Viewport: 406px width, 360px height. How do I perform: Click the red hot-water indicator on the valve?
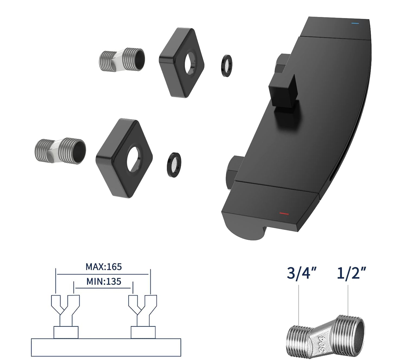(x=284, y=214)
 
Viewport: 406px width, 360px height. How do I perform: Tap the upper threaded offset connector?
(x=122, y=60)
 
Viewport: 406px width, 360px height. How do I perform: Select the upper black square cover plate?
(x=181, y=63)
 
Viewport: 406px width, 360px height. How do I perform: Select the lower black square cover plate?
(x=124, y=158)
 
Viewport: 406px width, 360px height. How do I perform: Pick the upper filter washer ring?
(x=227, y=66)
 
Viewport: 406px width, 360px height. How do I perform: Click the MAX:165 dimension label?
(x=104, y=267)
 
